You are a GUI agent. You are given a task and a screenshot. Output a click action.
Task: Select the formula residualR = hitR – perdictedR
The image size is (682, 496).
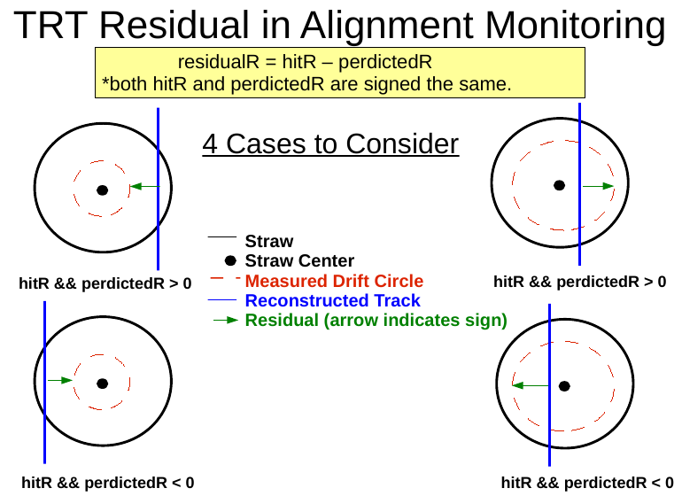305,63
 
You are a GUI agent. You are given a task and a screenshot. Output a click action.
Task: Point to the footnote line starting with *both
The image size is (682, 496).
306,85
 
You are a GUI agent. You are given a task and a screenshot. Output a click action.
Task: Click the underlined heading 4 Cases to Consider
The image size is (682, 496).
330,143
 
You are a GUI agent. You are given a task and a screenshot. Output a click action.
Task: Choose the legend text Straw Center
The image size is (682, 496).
299,261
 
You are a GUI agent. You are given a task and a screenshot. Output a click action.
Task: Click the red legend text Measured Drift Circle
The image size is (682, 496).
334,282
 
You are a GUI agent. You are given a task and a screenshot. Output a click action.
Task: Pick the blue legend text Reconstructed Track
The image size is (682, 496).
332,301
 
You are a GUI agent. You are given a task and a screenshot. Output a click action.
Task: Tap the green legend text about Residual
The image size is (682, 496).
376,321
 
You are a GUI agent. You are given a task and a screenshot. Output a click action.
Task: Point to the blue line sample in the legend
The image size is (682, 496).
223,301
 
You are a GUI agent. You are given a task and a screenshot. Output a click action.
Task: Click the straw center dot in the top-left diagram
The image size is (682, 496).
103,190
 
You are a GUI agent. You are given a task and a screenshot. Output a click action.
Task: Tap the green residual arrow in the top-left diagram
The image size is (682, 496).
143,186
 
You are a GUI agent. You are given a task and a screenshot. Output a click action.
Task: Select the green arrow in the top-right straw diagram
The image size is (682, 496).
598,186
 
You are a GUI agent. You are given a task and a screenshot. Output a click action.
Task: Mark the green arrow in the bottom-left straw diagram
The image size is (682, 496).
59,380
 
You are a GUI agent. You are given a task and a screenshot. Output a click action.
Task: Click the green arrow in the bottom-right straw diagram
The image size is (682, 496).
531,385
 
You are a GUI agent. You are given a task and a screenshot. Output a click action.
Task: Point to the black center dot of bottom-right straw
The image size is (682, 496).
564,385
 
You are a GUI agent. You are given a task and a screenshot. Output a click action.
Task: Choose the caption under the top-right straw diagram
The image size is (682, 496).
579,283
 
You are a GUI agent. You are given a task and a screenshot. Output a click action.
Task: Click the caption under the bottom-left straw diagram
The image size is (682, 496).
107,483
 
